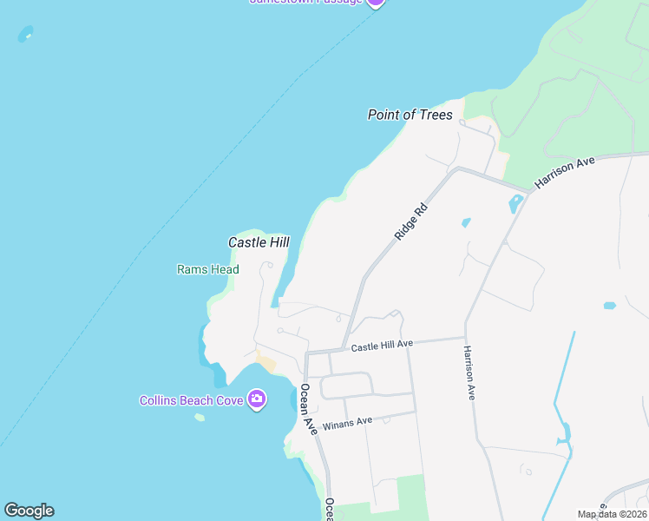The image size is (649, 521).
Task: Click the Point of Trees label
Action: pos(410,115)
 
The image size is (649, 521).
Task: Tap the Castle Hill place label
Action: pos(259,243)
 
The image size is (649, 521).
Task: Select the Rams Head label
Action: pos(208,269)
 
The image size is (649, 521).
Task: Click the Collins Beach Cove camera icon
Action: pos(257,399)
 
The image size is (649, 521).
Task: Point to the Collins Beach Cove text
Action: pos(192,400)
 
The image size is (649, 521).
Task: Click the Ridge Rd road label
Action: pos(411,221)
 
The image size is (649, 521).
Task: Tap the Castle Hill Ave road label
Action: pos(382,346)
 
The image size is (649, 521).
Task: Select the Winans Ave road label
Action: pos(347,423)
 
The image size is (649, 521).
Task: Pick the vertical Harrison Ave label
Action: pos(469,373)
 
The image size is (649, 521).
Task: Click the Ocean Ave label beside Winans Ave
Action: pos(307,410)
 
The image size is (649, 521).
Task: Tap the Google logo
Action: pos(29,511)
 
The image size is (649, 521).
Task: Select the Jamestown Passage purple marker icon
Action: pos(374,3)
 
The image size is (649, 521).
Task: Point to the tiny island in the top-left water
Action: pos(25,34)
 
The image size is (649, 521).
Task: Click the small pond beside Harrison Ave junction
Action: pos(515,205)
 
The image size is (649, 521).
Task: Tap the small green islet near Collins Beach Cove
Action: pos(200,418)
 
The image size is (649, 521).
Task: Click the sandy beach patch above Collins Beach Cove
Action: pos(265,362)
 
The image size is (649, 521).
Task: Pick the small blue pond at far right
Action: pos(609,306)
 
